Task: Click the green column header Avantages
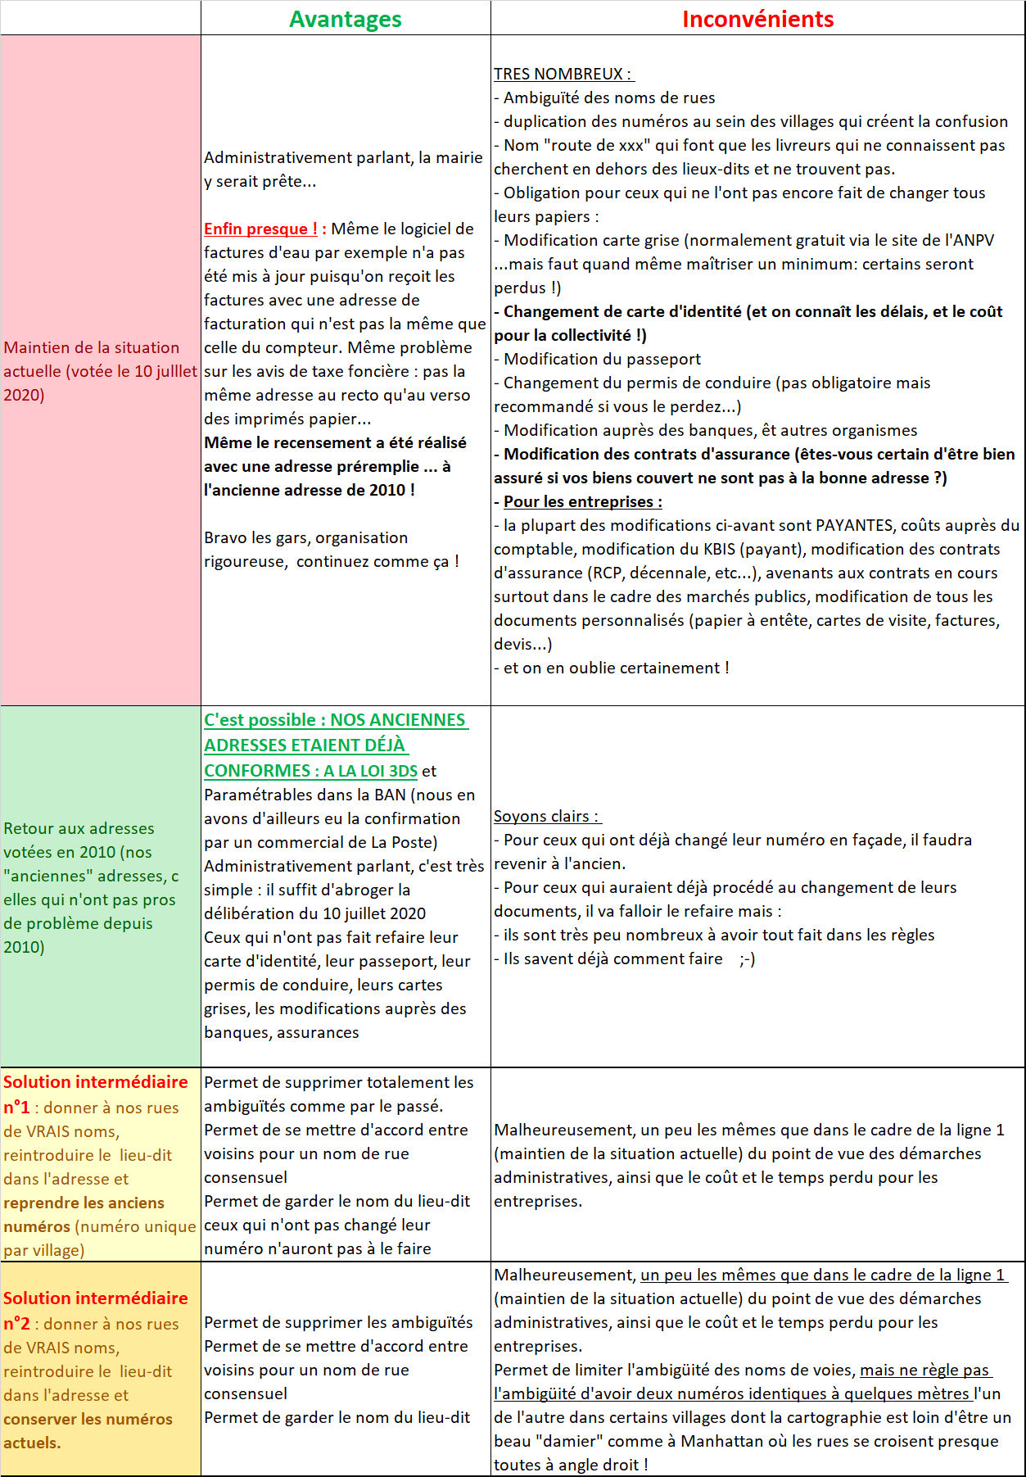coord(345,19)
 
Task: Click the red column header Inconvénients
coord(757,19)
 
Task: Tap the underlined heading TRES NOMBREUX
coord(562,74)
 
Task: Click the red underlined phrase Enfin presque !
coord(260,229)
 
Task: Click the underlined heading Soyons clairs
coord(546,816)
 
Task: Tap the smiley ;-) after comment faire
coord(747,958)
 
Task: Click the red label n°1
coord(16,1108)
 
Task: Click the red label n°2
coord(16,1324)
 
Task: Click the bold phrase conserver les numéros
coord(88,1419)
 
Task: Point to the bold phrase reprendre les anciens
coord(84,1203)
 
